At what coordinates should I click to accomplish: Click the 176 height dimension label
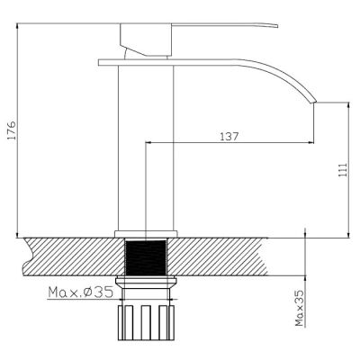(12, 130)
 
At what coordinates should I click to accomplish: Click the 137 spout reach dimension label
(229, 137)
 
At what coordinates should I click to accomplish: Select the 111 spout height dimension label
(343, 170)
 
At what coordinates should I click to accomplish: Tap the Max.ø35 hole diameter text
(80, 292)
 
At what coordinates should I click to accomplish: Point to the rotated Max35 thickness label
(299, 308)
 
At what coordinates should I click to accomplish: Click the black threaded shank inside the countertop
(146, 257)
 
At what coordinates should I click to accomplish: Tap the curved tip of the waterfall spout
(313, 102)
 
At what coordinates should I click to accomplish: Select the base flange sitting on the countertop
(146, 234)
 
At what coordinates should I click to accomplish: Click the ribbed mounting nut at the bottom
(146, 323)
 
